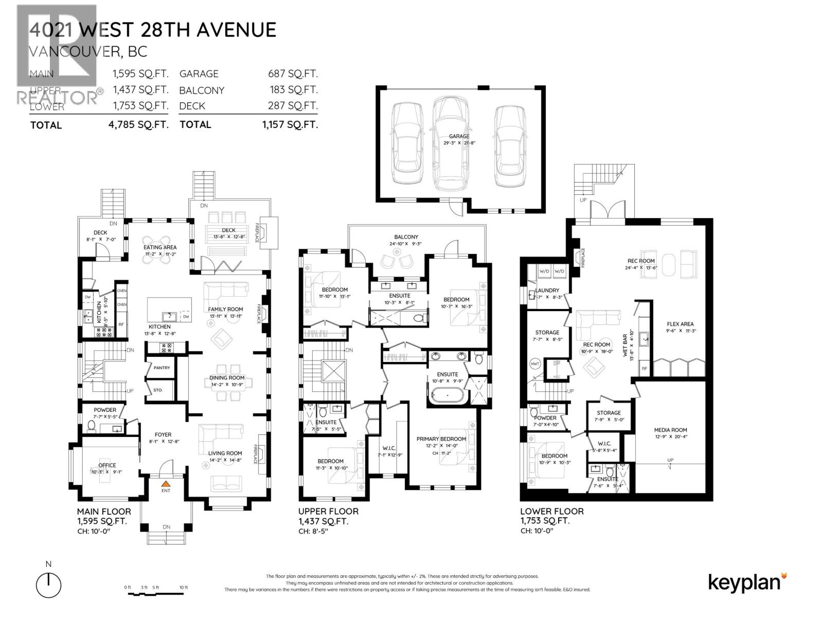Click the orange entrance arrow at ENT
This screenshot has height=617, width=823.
[x=166, y=484]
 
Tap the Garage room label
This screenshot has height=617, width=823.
[x=459, y=137]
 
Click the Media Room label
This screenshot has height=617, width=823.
[x=670, y=430]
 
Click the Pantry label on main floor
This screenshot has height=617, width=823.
[x=162, y=368]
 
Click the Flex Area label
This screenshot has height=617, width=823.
[x=680, y=324]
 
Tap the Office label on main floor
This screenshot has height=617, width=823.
[x=107, y=465]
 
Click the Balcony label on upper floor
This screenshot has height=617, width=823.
[x=406, y=237]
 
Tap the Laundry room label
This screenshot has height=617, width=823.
[x=547, y=291]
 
